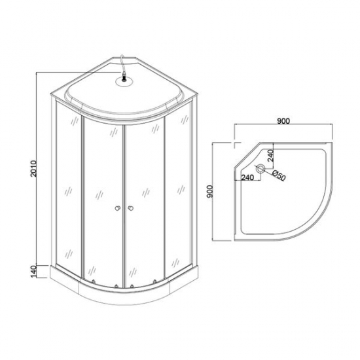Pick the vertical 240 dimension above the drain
[270, 156]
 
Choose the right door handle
[132, 209]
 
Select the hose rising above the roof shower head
[122, 65]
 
